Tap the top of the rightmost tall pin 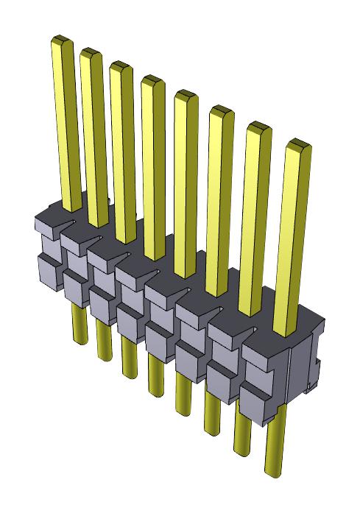[x=297, y=144]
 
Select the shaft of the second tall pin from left [x=96, y=140]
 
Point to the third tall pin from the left [x=125, y=155]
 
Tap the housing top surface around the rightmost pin [x=294, y=331]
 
